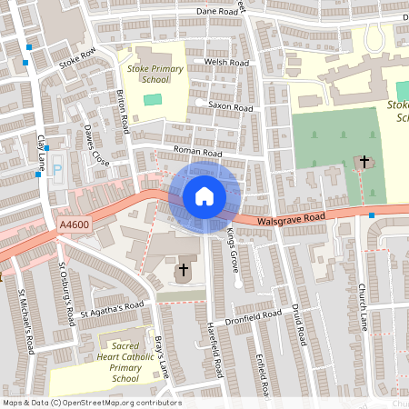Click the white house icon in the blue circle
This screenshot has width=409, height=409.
tap(204, 196)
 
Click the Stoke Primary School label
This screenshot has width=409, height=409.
tap(155, 74)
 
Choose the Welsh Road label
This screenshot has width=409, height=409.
tap(226, 62)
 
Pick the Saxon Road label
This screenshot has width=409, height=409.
tap(230, 106)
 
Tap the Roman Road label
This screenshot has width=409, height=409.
tap(198, 154)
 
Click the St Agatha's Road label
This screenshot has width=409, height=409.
tap(111, 310)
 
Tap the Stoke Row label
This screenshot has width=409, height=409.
tap(77, 60)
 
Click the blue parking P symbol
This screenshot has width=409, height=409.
tap(58, 168)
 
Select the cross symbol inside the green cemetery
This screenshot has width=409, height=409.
tap(364, 162)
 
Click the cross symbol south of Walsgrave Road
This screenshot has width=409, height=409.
tap(183, 269)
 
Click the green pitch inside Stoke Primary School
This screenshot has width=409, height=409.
tap(152, 99)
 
